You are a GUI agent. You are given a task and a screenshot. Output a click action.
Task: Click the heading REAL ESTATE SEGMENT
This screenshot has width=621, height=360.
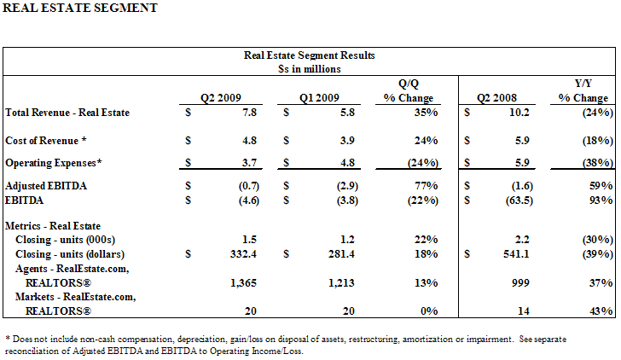[x=80, y=8]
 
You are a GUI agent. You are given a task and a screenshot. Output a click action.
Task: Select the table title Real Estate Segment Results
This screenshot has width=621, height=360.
[x=309, y=55]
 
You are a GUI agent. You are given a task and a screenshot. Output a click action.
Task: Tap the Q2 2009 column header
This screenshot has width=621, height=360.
[x=221, y=98]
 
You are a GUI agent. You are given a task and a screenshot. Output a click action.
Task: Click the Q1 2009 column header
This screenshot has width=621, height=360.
[x=319, y=98]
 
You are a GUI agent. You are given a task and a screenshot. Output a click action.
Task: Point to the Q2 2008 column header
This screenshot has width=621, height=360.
[x=496, y=98]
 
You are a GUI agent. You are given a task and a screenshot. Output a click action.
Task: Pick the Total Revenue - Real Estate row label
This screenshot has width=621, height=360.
[x=67, y=113]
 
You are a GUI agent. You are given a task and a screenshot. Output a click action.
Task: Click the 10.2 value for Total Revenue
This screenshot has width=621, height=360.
[x=519, y=113]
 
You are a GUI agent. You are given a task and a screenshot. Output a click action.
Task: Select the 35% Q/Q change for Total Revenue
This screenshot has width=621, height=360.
[x=427, y=113]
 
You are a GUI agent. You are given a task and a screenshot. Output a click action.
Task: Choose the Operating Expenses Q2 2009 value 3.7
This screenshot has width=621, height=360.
[x=249, y=163]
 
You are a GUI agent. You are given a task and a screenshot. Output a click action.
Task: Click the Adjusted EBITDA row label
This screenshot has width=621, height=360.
[x=46, y=186]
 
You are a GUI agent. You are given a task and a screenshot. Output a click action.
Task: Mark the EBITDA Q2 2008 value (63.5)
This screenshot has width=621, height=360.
[x=519, y=200]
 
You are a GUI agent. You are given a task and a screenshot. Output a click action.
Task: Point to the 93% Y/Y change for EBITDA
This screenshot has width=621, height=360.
[x=601, y=200]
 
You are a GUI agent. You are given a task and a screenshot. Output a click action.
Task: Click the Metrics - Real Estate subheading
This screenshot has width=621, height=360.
[x=53, y=226]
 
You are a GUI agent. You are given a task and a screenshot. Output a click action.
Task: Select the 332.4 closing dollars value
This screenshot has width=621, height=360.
[x=243, y=254]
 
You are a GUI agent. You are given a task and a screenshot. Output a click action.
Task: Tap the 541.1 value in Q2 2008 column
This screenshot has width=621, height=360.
[x=516, y=254]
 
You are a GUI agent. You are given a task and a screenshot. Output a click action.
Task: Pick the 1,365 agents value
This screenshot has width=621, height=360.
[x=243, y=283]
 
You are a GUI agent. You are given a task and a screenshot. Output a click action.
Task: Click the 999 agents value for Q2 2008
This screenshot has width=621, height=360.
[x=520, y=283]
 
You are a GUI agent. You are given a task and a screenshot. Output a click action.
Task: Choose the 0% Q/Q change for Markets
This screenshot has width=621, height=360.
[x=429, y=311]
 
